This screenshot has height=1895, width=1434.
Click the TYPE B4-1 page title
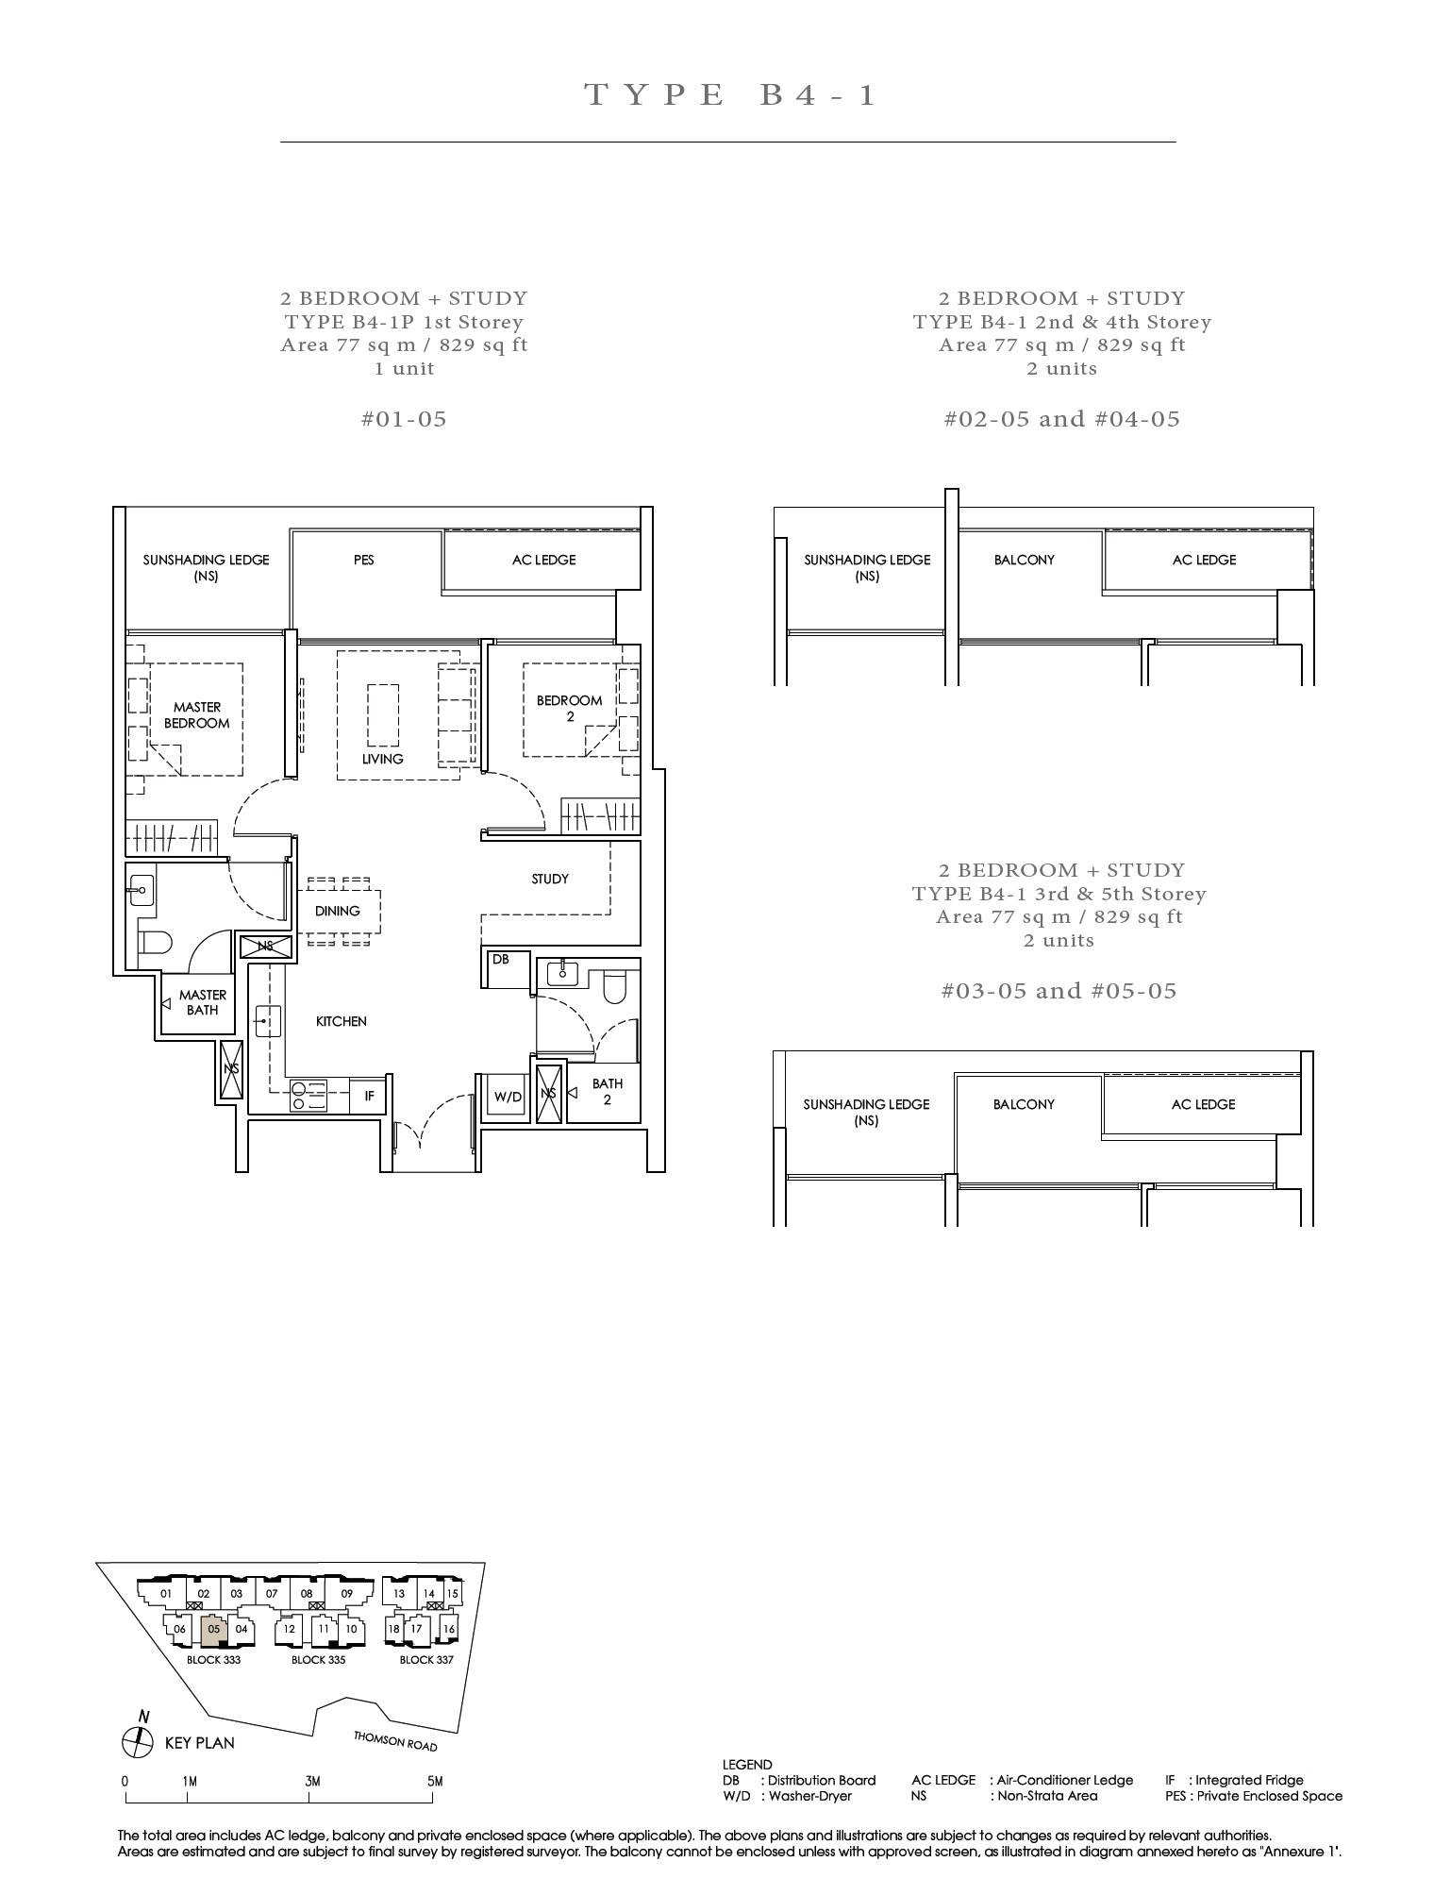click(731, 94)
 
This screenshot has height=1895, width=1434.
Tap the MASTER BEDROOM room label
click(197, 714)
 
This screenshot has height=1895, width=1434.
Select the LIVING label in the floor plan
click(382, 759)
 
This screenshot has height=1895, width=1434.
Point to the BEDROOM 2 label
click(569, 708)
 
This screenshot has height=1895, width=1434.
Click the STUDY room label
click(550, 879)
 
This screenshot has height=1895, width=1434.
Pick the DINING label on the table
click(338, 911)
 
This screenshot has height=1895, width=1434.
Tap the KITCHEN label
click(341, 1021)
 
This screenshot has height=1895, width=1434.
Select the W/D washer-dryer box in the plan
click(508, 1096)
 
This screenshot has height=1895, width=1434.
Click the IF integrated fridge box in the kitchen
click(369, 1096)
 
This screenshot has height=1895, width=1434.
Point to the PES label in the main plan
click(363, 560)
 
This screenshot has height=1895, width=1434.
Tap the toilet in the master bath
click(155, 943)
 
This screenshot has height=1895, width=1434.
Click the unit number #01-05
click(404, 419)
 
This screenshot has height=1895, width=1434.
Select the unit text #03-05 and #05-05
click(1059, 991)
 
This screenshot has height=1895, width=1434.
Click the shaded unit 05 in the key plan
click(214, 1629)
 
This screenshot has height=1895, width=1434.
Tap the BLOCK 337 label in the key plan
click(426, 1659)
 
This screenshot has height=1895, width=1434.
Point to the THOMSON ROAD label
click(395, 1741)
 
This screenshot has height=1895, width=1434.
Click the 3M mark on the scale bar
click(312, 1781)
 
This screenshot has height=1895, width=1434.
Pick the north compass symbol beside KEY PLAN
click(138, 1742)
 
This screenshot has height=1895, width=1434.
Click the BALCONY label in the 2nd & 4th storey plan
click(1024, 560)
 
